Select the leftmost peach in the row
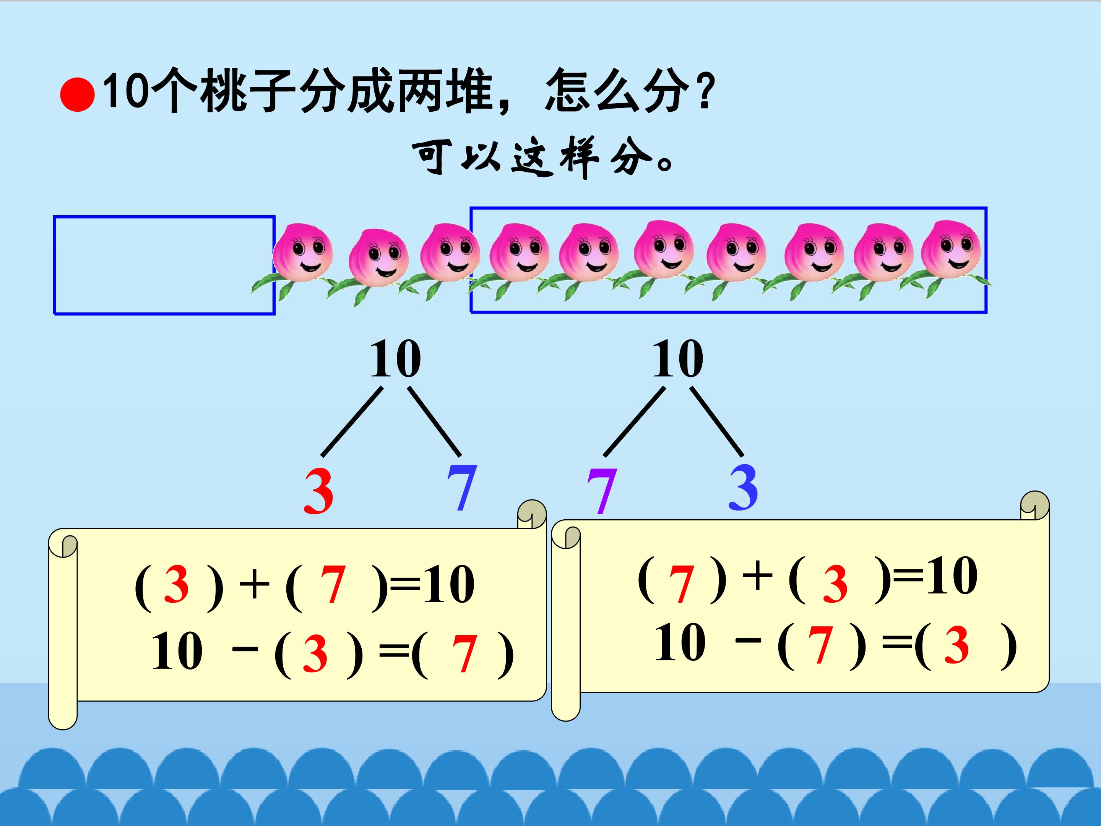pyautogui.click(x=302, y=252)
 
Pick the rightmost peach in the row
pyautogui.click(x=951, y=249)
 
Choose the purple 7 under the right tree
pyautogui.click(x=602, y=491)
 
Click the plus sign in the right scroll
pyautogui.click(x=757, y=576)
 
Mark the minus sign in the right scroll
pyautogui.click(x=749, y=640)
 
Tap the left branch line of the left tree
pyautogui.click(x=352, y=422)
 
